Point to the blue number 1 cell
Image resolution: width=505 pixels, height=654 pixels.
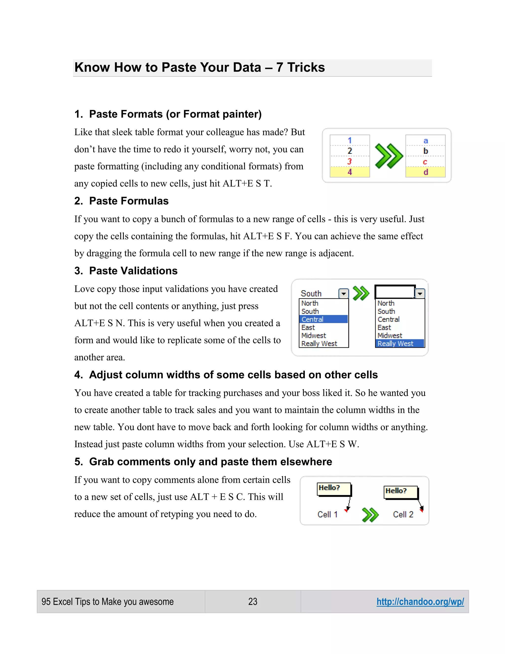pos(349,140)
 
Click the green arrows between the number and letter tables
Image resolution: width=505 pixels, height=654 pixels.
pos(388,156)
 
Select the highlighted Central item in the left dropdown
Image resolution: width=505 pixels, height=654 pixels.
pos(323,319)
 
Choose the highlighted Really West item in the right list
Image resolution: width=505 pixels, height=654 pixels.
pos(399,344)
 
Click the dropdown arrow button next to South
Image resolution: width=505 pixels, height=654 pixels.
pos(343,293)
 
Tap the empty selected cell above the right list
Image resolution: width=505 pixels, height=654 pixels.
pos(395,291)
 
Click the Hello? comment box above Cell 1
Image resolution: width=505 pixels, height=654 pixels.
pos(334,489)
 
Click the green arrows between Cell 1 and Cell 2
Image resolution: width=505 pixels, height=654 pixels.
pos(370,515)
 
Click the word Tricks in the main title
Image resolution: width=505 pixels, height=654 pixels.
pos(306,67)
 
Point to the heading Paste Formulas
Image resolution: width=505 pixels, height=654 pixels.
pos(129,201)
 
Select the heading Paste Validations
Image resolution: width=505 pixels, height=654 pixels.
pos(133,271)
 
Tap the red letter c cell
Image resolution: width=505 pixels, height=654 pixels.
pos(425,162)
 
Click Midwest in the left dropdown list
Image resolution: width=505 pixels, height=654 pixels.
pos(314,335)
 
